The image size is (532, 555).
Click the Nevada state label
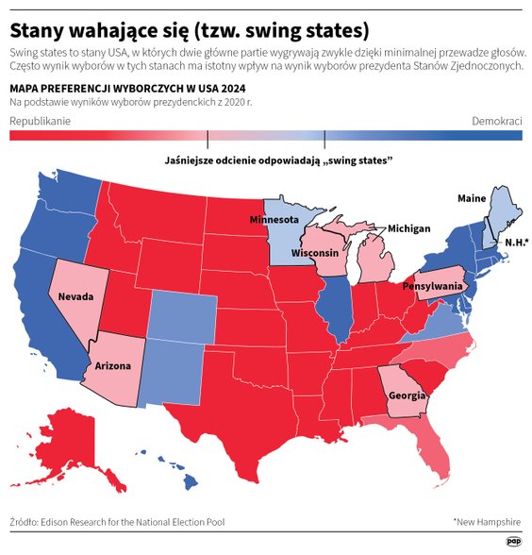coord(76,296)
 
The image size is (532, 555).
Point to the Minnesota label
coord(274,220)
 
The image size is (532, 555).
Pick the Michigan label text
coord(408,228)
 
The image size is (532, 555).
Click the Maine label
coord(472,198)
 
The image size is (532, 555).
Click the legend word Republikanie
coord(41,122)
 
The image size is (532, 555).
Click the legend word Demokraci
coord(497,122)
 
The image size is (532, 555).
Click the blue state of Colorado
coord(179,316)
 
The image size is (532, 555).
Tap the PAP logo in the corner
coord(513,541)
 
